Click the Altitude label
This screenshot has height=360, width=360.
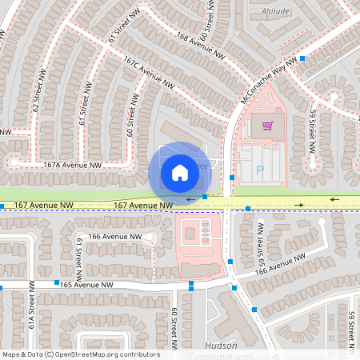coord(275,12)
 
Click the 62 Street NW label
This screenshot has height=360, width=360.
coord(35,95)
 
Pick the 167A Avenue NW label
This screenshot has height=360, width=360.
coord(73,165)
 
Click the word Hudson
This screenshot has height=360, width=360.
coord(215,346)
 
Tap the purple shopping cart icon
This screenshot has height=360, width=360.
coord(267,125)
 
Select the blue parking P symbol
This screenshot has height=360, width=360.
coord(260,170)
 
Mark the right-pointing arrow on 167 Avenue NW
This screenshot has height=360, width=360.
coord(298,205)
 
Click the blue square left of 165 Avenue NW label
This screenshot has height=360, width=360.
coord(56,282)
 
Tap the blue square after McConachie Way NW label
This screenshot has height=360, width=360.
coord(302,58)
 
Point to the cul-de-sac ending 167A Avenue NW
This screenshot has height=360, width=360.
coord(14,162)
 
